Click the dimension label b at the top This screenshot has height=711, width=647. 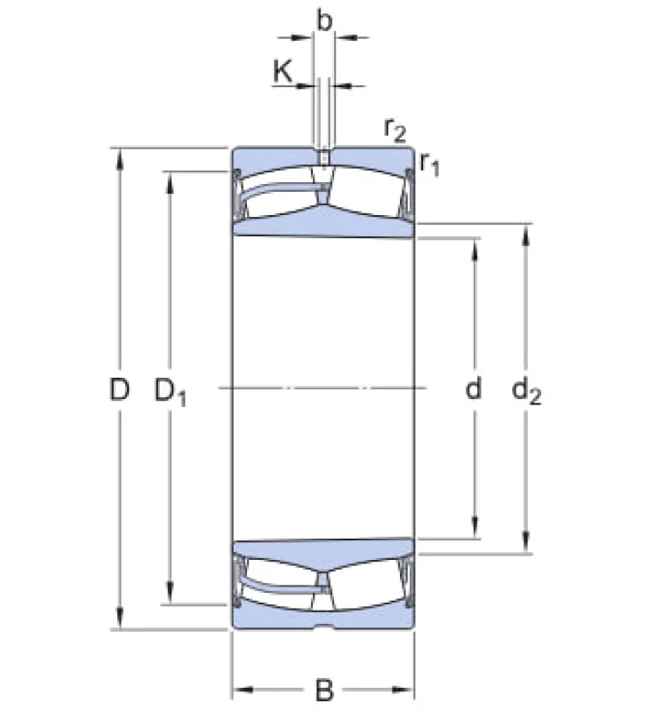(324, 21)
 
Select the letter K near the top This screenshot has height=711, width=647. (283, 71)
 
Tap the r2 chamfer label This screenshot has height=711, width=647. (395, 130)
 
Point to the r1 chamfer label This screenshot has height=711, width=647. (429, 164)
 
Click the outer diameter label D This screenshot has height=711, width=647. (119, 389)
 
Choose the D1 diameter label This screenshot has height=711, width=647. (170, 391)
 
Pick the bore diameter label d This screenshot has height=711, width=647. (474, 388)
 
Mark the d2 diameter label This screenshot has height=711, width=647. (526, 391)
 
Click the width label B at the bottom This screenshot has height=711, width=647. (323, 690)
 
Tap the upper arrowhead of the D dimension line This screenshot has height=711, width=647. (120, 160)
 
